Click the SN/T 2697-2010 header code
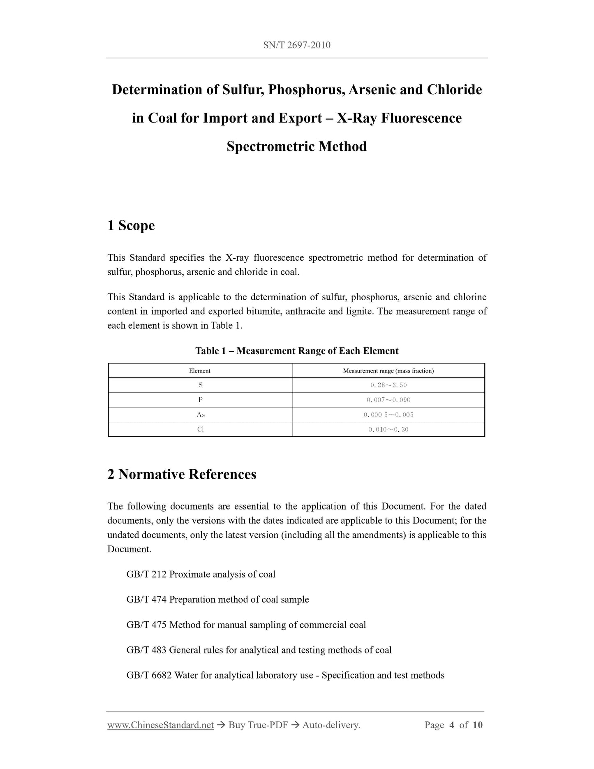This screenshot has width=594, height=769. (x=296, y=45)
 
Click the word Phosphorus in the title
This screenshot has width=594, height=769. (x=305, y=90)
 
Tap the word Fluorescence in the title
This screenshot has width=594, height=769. (x=421, y=118)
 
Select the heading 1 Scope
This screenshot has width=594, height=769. (x=131, y=225)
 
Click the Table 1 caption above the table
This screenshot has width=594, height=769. (x=296, y=351)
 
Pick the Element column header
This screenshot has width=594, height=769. (x=200, y=371)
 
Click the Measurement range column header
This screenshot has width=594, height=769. (x=388, y=371)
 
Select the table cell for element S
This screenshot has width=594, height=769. (x=200, y=385)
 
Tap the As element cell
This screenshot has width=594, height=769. (x=200, y=415)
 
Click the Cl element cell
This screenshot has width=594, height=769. (x=200, y=429)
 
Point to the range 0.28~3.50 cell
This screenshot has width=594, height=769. (x=388, y=385)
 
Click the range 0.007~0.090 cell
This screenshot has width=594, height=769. (x=388, y=400)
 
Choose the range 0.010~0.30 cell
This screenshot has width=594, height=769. (x=388, y=429)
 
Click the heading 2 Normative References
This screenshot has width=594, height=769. (x=182, y=474)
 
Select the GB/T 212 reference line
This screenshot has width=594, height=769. (x=201, y=574)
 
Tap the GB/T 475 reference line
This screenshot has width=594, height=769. (x=246, y=625)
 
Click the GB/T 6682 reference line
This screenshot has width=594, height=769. (x=285, y=675)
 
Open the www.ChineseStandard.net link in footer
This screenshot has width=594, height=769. (x=160, y=725)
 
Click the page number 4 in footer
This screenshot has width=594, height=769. (x=451, y=725)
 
